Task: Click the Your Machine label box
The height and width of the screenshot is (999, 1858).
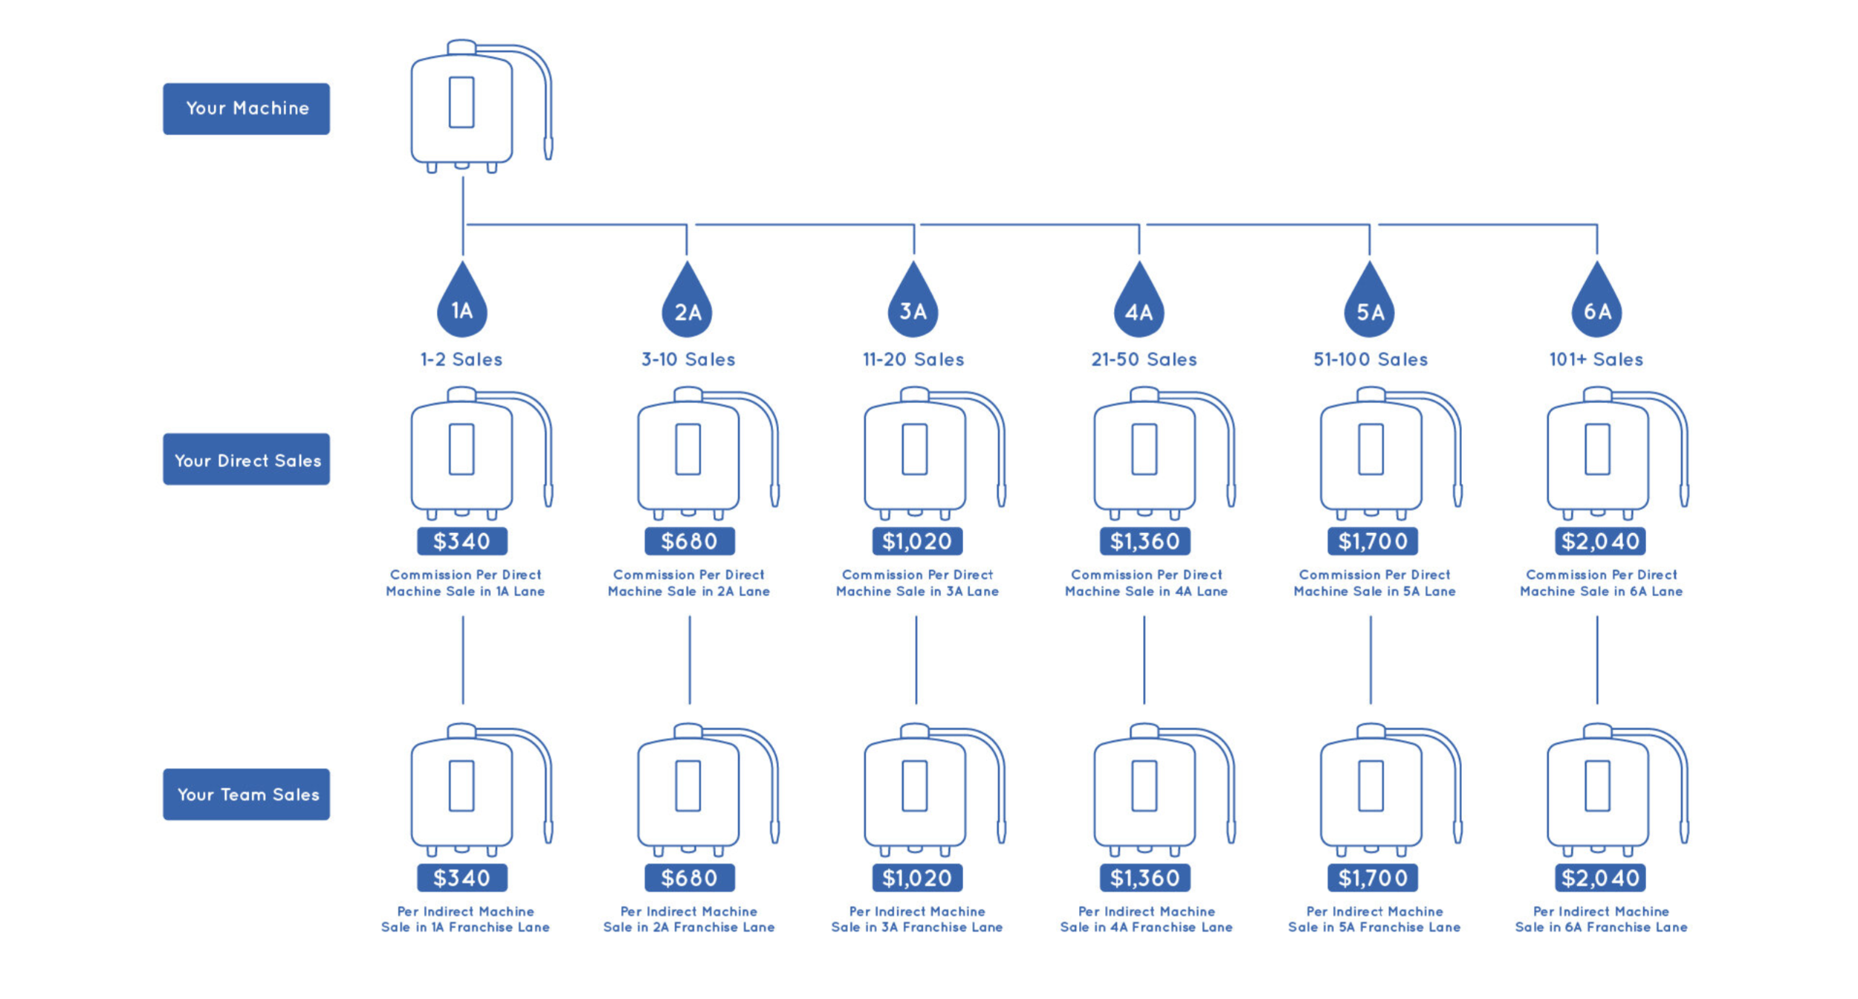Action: tap(246, 109)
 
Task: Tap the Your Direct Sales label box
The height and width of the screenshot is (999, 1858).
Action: tap(246, 459)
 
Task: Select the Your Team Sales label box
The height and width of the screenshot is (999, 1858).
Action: tap(246, 795)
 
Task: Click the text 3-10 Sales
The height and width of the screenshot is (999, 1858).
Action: tap(688, 360)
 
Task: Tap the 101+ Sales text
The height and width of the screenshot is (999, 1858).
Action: tap(1596, 360)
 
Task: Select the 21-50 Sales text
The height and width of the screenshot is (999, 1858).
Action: tap(1144, 360)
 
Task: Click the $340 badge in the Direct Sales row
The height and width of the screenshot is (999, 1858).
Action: tap(462, 541)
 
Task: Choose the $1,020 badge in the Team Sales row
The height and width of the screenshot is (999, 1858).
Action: tap(917, 878)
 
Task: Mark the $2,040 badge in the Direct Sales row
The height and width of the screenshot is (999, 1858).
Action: tap(1600, 541)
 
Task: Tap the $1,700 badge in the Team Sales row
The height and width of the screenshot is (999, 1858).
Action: tap(1373, 878)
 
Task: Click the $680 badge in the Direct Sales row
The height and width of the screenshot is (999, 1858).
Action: tap(689, 541)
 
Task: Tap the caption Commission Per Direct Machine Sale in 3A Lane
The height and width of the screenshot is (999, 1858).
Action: tap(917, 583)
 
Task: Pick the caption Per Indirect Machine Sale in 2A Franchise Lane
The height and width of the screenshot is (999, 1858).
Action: tap(689, 919)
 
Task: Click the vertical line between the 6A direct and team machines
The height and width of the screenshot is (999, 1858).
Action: tap(1597, 660)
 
